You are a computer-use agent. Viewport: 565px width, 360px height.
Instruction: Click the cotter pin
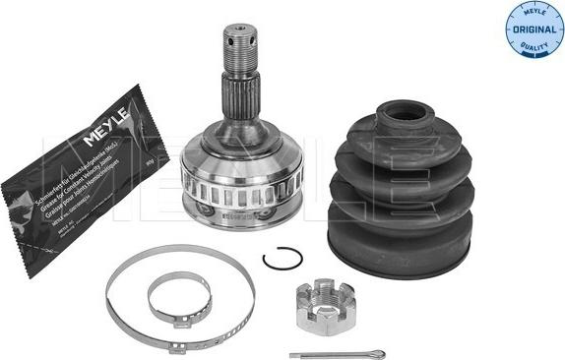click(326, 353)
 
